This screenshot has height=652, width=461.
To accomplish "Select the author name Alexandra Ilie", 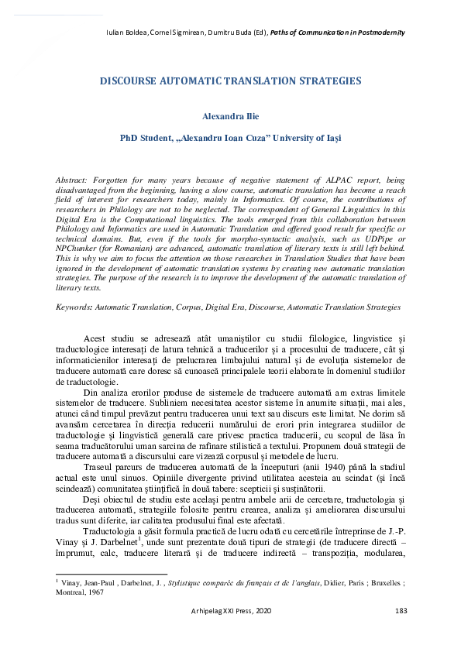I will click(230, 116).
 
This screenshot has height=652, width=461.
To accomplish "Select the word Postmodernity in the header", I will click(379, 33).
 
